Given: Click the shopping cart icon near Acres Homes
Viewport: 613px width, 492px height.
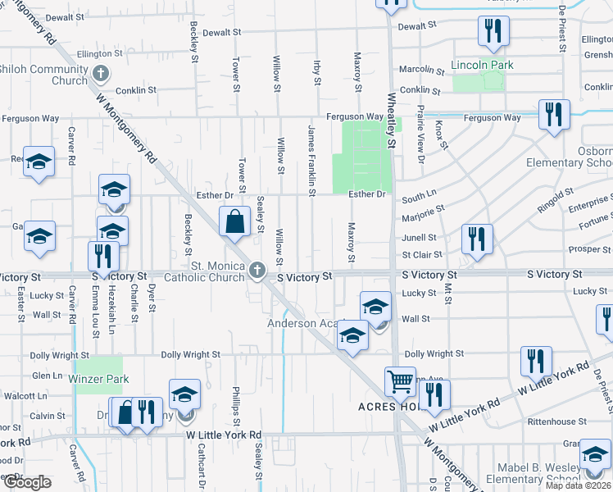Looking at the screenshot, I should coord(400,381).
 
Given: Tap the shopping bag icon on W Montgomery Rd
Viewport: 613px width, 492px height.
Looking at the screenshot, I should coord(234,221).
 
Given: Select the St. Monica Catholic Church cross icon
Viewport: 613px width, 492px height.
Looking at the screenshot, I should coord(257,270).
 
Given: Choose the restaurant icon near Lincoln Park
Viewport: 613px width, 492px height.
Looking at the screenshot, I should coord(493,32).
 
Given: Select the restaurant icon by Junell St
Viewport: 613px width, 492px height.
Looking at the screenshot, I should coord(476,239).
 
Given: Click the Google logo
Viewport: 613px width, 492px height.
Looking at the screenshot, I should coord(27,482).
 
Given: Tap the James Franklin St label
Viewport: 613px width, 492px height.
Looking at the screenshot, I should coord(311,161).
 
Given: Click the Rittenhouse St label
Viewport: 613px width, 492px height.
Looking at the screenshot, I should coord(558,421).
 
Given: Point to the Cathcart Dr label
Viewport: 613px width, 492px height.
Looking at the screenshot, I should coord(199,464).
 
